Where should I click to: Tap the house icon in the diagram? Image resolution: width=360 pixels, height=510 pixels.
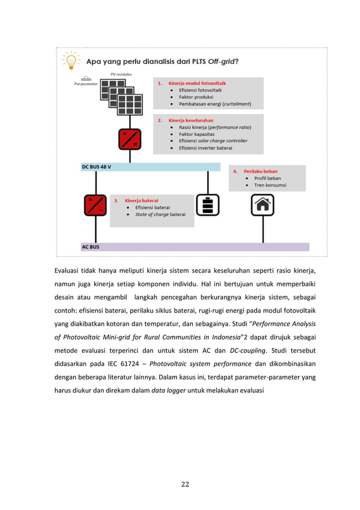tap(262, 205)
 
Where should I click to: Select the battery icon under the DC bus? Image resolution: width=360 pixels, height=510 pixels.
tap(208, 206)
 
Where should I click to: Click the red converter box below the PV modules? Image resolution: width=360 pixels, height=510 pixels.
tap(129, 139)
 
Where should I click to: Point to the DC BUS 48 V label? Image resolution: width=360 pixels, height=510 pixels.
tap(96, 167)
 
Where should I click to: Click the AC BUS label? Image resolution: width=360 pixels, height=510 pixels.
tap(91, 247)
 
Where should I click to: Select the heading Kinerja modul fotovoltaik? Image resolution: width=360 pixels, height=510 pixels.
tap(196, 83)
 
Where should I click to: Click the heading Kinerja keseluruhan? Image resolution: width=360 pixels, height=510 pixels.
tap(190, 120)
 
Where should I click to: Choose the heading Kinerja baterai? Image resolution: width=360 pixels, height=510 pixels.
tap(141, 200)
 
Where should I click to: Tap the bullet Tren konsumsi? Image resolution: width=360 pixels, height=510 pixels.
tap(270, 185)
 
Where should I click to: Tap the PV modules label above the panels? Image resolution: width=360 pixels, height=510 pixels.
tap(121, 75)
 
